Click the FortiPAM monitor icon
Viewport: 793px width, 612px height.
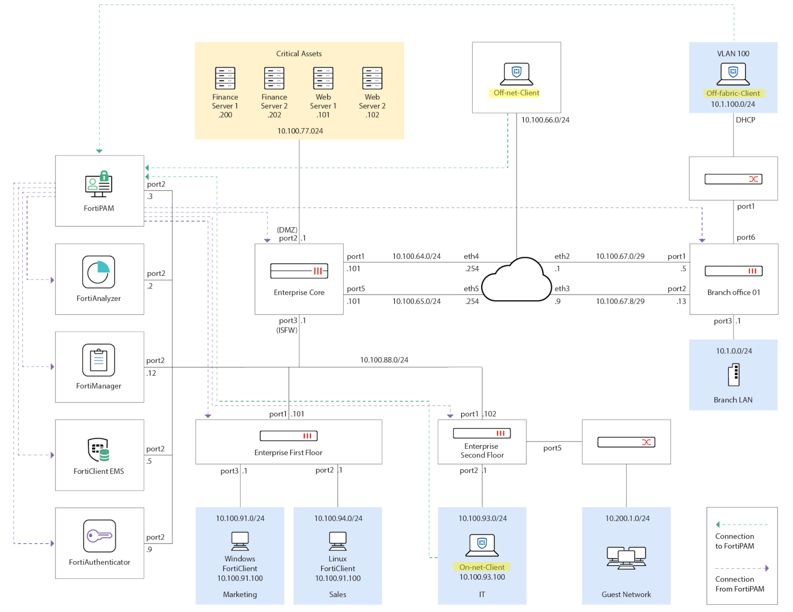pos(98,184)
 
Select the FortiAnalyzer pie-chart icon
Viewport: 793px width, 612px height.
pos(98,272)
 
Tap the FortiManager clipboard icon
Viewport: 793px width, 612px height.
pos(98,360)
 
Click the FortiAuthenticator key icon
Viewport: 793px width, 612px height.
pos(99,536)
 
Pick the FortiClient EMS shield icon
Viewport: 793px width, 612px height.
pos(98,450)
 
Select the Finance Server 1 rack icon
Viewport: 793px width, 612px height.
pos(225,78)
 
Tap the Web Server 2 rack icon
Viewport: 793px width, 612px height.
pos(372,78)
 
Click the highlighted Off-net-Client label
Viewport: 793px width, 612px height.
pos(516,93)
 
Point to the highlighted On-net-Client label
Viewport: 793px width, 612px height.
pos(482,567)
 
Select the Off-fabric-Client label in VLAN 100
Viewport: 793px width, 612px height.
pos(733,93)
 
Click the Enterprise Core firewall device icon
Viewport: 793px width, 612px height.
pos(299,271)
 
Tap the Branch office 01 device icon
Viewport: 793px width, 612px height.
pos(733,271)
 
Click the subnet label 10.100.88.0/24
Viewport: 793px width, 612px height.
pos(384,360)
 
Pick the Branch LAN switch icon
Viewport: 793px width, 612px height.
pos(733,375)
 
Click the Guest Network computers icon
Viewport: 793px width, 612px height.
pos(626,558)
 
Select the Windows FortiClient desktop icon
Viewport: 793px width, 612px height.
pos(240,541)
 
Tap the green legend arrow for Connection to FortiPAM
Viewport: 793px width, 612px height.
pos(718,524)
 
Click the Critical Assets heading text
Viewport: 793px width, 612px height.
pos(299,54)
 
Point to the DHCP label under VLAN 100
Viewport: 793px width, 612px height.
pos(745,120)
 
